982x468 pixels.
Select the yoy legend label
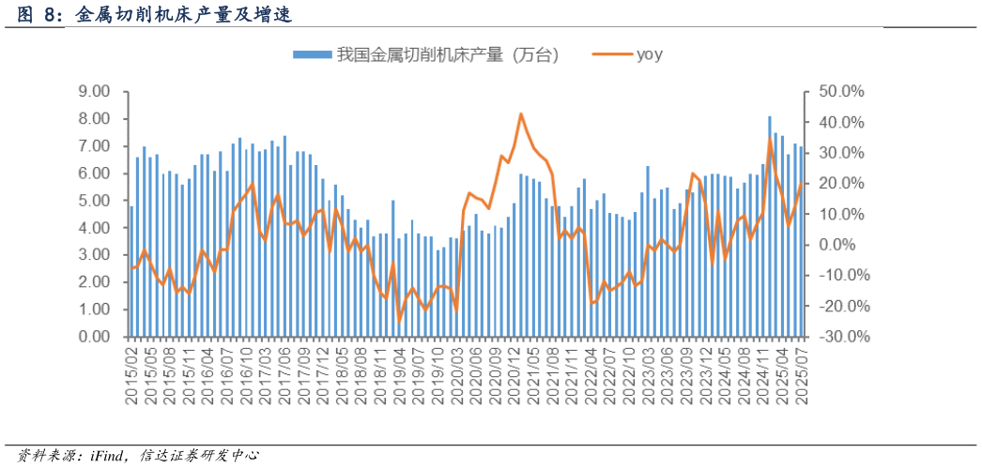pos(650,54)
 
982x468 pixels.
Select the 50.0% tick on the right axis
pos(840,92)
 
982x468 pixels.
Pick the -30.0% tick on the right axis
pos(840,337)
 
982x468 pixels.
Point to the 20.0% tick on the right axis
pos(840,184)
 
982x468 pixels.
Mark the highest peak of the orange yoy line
pos(521,114)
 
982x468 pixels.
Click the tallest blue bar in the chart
pos(770,225)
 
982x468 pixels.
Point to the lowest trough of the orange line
pos(399,322)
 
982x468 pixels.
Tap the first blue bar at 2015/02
pos(131,272)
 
